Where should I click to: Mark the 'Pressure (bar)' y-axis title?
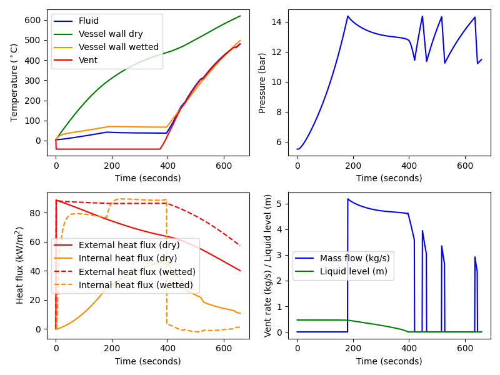(x=263, y=83)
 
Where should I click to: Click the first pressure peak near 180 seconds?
(x=348, y=16)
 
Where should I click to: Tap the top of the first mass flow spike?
(x=348, y=199)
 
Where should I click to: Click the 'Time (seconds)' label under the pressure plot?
(x=389, y=178)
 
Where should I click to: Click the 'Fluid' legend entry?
(x=89, y=21)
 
